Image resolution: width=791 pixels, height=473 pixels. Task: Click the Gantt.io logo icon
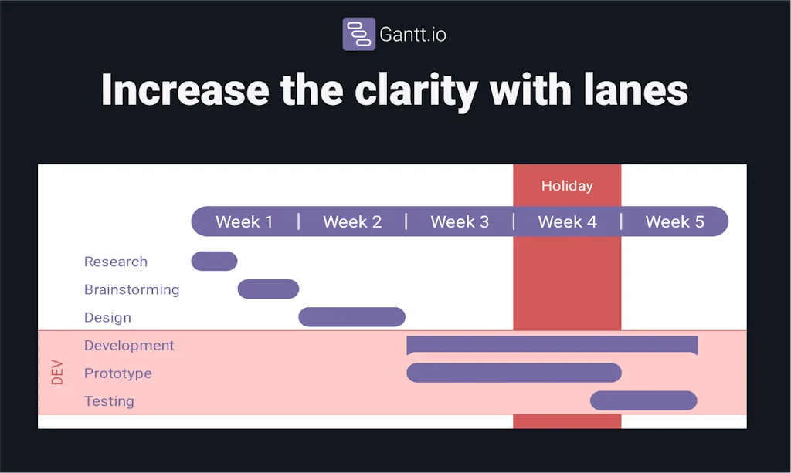pos(358,34)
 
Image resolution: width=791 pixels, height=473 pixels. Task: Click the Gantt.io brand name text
pos(412,35)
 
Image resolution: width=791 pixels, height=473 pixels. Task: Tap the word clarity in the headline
pos(416,90)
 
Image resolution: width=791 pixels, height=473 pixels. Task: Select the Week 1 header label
pos(244,222)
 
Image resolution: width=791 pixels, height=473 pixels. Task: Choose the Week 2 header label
pos(352,222)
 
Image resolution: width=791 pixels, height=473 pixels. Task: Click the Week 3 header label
pos(460,222)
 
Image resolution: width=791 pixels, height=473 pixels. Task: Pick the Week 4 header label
pos(567,222)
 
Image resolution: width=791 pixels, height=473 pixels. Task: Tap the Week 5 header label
pos(674,222)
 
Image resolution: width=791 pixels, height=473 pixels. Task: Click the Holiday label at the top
pos(567,186)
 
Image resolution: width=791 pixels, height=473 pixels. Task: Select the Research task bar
pos(214,262)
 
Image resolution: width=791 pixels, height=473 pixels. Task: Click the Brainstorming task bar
pos(268,289)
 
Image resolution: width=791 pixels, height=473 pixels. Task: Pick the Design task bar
pos(351,317)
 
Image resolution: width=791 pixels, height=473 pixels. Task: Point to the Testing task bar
pos(643,400)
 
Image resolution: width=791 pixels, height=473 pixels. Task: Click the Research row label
pos(116,262)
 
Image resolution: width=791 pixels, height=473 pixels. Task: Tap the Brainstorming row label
pos(131,289)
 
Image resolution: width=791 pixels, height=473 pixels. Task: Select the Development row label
pos(129,345)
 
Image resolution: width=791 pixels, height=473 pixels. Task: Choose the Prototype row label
pos(117,373)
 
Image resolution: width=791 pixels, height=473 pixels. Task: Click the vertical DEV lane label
pos(57,373)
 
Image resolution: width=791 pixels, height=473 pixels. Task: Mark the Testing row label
pos(109,401)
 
